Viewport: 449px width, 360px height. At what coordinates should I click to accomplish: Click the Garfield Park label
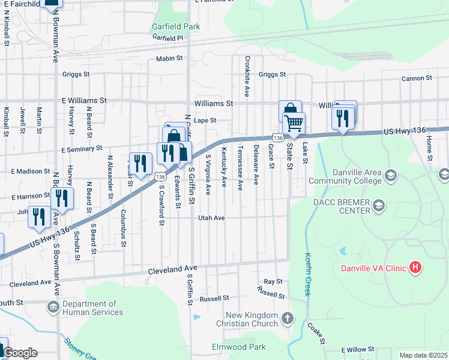[176, 27]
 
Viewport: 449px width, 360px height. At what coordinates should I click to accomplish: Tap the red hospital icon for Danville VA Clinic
[414, 267]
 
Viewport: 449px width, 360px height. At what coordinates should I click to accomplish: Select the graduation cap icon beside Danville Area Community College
[391, 175]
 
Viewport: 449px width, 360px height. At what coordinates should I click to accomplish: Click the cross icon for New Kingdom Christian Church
[288, 317]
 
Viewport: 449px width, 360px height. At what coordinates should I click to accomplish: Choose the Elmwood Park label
[239, 347]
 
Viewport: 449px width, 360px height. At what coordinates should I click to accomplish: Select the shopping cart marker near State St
[294, 123]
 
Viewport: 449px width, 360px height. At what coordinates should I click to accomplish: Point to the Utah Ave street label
[211, 218]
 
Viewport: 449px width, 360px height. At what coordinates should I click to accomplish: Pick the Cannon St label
[417, 79]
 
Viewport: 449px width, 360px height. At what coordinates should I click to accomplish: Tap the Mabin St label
[169, 58]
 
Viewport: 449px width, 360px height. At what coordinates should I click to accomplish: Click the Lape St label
[205, 120]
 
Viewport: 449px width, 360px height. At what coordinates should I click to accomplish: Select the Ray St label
[273, 281]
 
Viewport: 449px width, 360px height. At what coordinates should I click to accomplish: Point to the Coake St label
[316, 334]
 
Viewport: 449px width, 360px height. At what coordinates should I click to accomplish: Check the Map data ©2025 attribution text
[423, 355]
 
